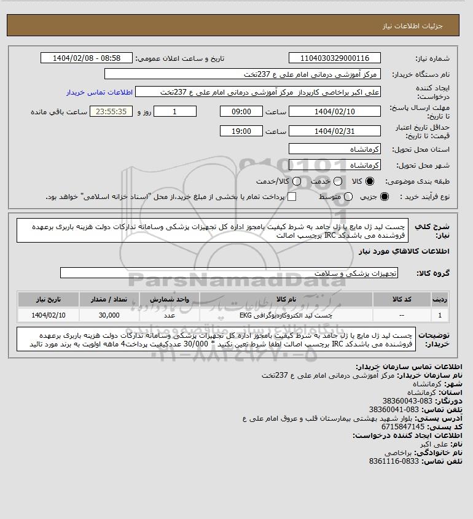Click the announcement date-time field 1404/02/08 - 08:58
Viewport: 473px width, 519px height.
(x=86, y=58)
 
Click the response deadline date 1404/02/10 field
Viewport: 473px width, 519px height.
(x=334, y=112)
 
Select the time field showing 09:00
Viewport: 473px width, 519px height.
(x=241, y=112)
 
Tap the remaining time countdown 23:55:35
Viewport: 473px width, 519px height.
(x=111, y=112)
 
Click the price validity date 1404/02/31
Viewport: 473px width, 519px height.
(x=334, y=131)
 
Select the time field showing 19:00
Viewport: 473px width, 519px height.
(x=241, y=131)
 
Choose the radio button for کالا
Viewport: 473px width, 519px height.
(x=370, y=182)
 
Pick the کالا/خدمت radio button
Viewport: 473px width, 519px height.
(x=297, y=182)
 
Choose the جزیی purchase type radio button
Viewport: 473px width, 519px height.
(x=385, y=197)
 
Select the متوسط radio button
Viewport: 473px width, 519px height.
(x=348, y=197)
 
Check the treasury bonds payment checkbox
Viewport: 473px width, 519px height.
(x=292, y=197)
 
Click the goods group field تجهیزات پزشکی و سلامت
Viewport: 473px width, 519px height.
(x=229, y=273)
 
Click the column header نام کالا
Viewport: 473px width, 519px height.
(x=286, y=299)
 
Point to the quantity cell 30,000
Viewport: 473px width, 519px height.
(x=109, y=315)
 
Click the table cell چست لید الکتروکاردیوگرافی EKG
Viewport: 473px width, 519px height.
(x=286, y=315)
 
